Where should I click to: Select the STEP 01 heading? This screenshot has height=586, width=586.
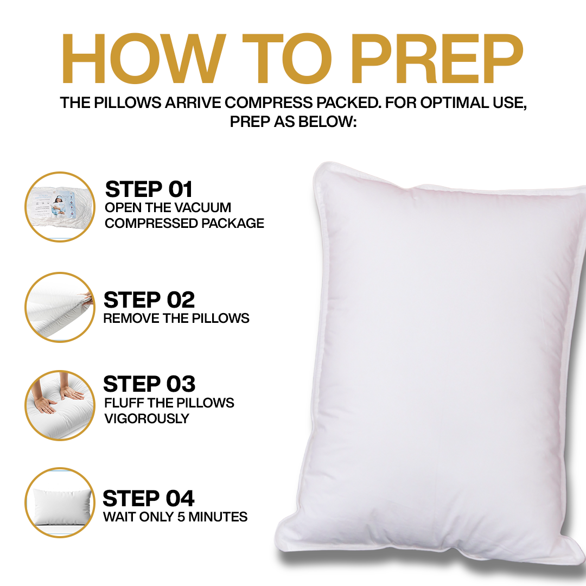[149, 189]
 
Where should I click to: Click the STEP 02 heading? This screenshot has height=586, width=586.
[149, 300]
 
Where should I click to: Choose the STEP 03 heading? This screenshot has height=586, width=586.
[149, 384]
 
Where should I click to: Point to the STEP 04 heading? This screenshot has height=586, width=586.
[148, 498]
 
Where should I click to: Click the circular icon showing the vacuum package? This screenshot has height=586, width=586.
[60, 207]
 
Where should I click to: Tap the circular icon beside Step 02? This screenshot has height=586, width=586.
[60, 308]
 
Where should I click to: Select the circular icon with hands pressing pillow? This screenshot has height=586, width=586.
[60, 405]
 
